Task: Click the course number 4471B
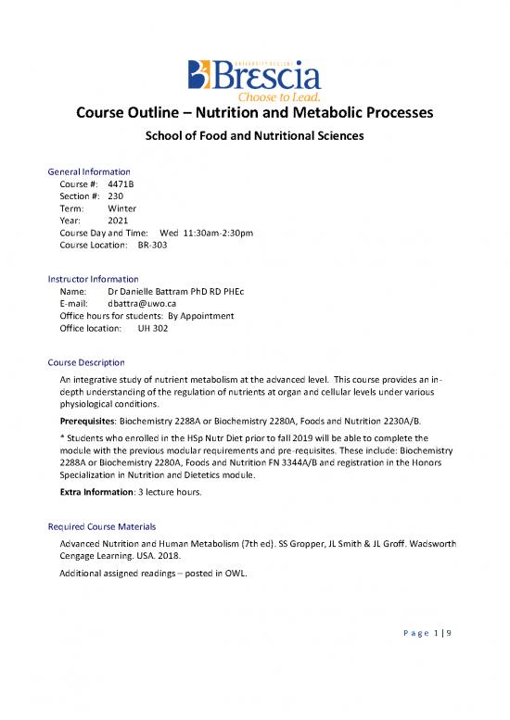click(x=121, y=183)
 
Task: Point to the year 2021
click(x=118, y=222)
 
